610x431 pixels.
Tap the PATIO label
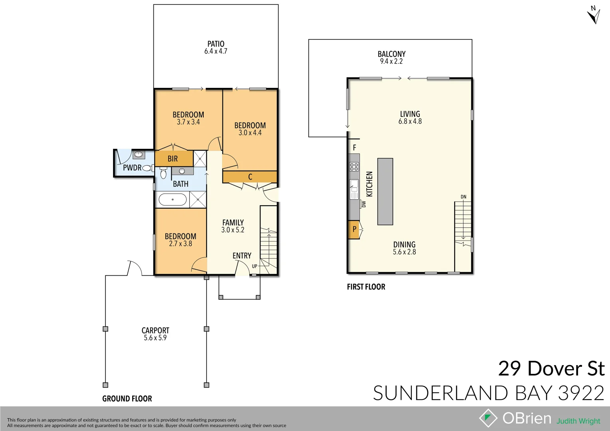pyautogui.click(x=216, y=44)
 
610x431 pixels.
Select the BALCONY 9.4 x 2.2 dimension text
pyautogui.click(x=391, y=61)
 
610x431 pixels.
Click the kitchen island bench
pyautogui.click(x=385, y=192)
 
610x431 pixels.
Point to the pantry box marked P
pyautogui.click(x=354, y=229)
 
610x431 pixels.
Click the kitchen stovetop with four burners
pyautogui.click(x=354, y=167)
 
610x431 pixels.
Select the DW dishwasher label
pyautogui.click(x=364, y=204)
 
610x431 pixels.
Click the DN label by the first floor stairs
pyautogui.click(x=463, y=197)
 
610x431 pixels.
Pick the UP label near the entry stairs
pyautogui.click(x=254, y=266)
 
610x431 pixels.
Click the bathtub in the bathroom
pyautogui.click(x=173, y=200)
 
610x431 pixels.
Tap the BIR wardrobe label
pyautogui.click(x=173, y=159)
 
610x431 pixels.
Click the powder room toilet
pyautogui.click(x=147, y=168)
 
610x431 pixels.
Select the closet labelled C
pyautogui.click(x=250, y=177)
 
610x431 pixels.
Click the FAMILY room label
pyautogui.click(x=233, y=223)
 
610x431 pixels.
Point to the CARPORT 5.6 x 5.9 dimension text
pyautogui.click(x=155, y=338)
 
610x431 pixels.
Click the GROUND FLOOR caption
pyautogui.click(x=127, y=399)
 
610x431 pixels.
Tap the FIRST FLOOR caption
pyautogui.click(x=366, y=287)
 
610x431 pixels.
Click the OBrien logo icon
pyautogui.click(x=488, y=418)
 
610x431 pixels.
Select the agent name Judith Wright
pyautogui.click(x=578, y=421)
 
